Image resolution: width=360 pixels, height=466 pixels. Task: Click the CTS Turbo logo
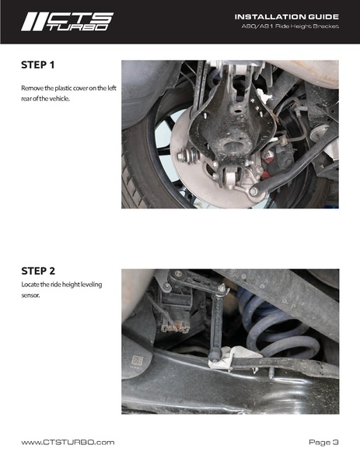68,22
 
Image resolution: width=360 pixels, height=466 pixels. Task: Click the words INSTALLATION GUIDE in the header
287,17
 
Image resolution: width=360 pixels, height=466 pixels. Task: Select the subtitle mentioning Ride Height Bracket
290,26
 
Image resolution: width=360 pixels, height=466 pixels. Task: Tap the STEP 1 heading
38,65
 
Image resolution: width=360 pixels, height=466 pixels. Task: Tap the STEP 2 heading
38,271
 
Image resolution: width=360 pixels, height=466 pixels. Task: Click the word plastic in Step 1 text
64,88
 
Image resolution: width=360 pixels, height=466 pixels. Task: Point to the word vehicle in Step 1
59,99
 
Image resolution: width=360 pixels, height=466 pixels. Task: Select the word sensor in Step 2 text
30,296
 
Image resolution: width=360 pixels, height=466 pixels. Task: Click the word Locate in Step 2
30,285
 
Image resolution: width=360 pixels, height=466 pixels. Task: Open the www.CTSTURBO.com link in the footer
68,442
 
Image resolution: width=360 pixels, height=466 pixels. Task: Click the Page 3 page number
323,442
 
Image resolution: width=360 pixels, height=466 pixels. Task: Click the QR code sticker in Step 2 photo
137,360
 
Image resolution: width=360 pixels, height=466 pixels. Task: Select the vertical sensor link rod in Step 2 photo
216,322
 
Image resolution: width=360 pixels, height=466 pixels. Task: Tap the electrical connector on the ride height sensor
175,328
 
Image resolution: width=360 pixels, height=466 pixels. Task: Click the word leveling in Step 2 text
91,285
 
